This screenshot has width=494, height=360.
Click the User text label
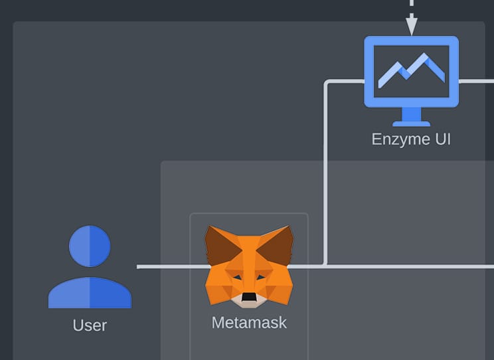(90, 325)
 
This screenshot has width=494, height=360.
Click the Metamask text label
(249, 323)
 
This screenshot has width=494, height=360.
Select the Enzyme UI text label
(411, 139)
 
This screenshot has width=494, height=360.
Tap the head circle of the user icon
(90, 246)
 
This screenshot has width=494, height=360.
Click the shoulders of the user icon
(90, 293)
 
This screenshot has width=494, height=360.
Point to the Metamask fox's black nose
(249, 296)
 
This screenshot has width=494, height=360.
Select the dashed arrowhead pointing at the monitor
(411, 27)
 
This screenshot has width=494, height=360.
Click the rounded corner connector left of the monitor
(327, 84)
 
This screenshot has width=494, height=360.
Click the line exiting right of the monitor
(477, 81)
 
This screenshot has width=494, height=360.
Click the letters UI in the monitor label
(442, 139)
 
